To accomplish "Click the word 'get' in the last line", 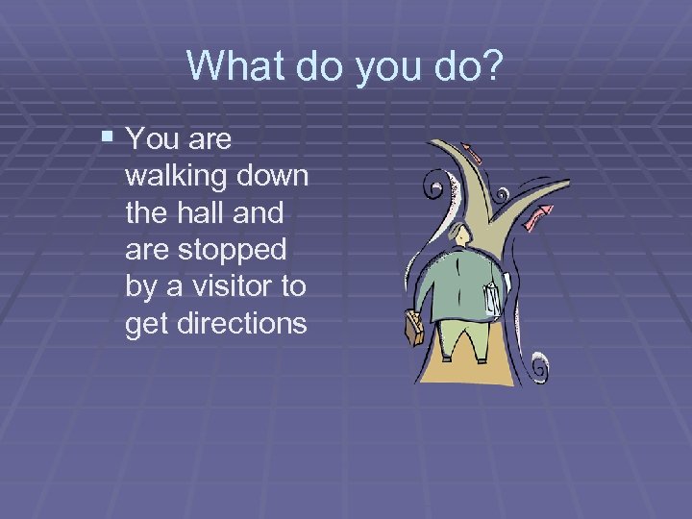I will click(x=145, y=324).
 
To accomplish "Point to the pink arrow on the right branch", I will click(x=543, y=211).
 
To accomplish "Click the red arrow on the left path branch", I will click(x=471, y=150).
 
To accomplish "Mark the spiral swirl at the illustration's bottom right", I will click(x=539, y=366).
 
